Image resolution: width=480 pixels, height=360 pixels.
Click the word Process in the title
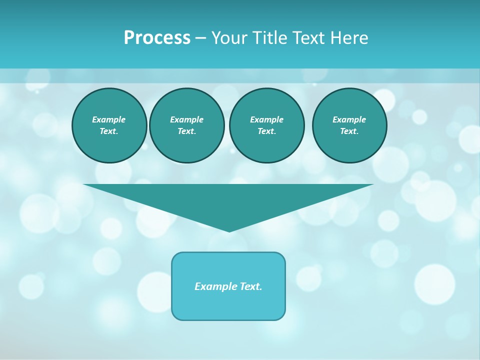157,38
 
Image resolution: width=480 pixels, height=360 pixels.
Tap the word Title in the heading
267,38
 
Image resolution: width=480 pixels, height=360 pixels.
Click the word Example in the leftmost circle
109,119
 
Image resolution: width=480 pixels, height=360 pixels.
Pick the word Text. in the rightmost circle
349,131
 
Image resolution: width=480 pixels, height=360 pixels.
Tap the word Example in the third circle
266,119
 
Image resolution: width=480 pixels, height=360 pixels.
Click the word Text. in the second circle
186,131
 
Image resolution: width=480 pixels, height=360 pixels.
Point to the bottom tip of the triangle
229,230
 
